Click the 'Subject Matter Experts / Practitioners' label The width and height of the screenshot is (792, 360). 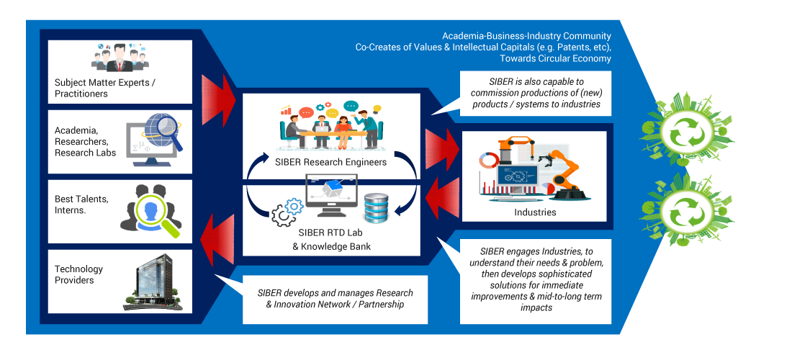(x=104, y=88)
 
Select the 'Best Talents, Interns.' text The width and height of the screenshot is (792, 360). (x=81, y=204)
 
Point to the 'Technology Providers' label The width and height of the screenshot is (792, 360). (x=78, y=274)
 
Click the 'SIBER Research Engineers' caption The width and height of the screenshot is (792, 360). (x=331, y=162)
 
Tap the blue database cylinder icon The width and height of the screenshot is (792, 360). (x=377, y=207)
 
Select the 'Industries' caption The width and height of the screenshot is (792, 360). (x=535, y=212)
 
